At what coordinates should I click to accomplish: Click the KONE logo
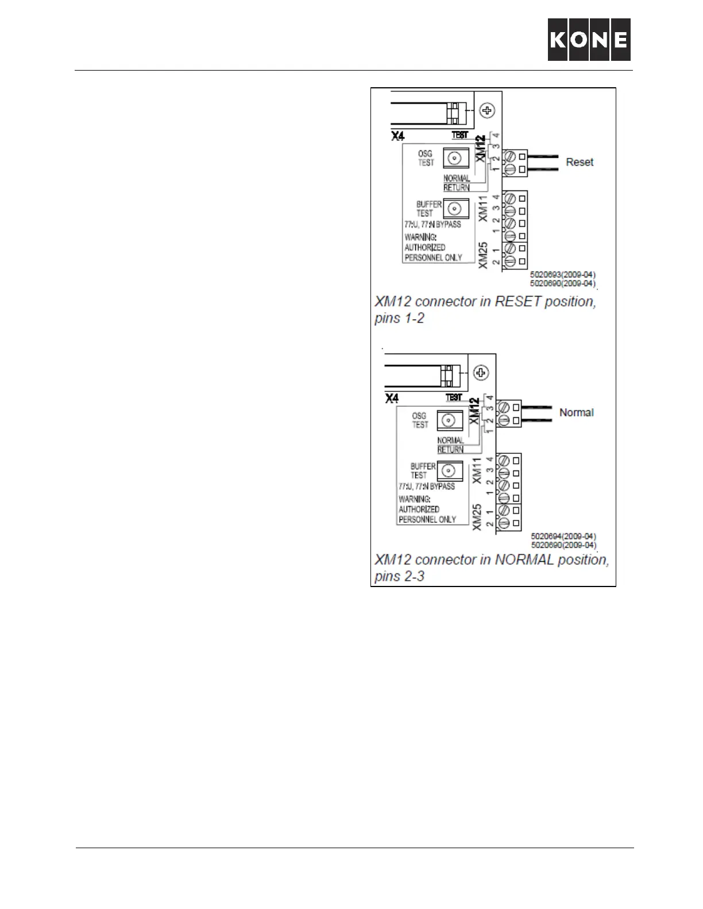point(589,40)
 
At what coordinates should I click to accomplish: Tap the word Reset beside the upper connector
point(579,162)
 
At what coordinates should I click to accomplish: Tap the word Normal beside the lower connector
point(576,413)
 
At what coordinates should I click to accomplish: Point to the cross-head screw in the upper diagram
point(488,110)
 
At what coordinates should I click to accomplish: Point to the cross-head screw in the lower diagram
point(481,372)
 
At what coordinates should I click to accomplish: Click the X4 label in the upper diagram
point(397,137)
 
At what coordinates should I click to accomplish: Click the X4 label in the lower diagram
point(391,398)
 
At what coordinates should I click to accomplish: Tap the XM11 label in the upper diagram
point(483,209)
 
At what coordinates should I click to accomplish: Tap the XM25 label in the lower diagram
point(477,518)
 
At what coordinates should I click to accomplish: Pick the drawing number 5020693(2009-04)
point(562,275)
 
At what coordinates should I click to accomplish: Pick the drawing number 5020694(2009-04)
point(563,537)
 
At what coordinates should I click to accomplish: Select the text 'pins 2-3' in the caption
point(399,576)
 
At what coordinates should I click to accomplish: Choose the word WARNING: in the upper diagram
point(420,237)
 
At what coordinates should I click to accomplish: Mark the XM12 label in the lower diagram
point(474,411)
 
